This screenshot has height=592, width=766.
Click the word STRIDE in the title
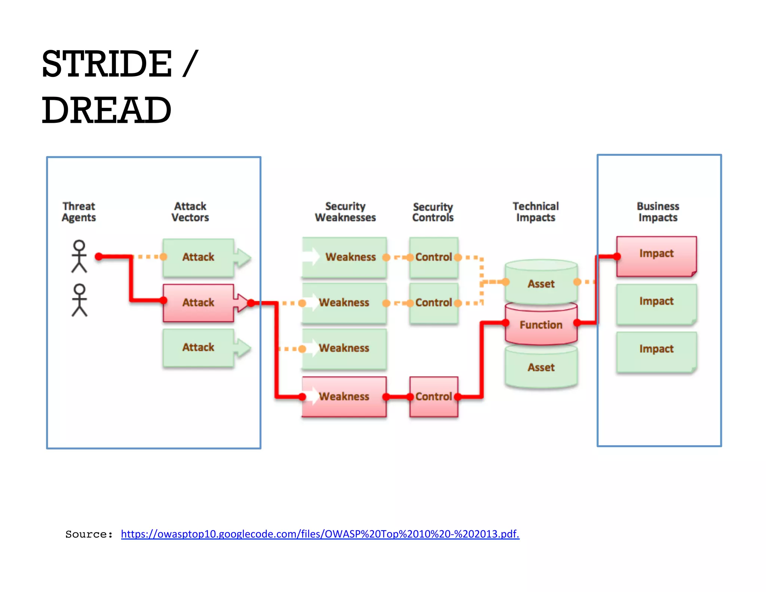107,64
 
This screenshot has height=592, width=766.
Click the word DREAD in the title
107,110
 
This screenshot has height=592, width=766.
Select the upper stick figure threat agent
79,256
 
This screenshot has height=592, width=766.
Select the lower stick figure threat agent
79,300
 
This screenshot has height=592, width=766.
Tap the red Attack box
198,302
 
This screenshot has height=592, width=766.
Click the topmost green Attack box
198,257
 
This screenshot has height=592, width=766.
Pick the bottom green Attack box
198,347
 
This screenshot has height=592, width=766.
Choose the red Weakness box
344,396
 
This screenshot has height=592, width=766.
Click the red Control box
433,396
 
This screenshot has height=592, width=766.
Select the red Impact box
656,256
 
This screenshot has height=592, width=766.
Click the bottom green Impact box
656,351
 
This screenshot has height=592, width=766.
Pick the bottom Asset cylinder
541,367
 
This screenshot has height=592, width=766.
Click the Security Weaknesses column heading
345,212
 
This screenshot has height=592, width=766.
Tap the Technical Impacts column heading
536,212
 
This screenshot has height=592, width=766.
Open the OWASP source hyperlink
320,534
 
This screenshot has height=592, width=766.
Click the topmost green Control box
433,257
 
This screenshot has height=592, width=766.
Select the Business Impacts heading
658,212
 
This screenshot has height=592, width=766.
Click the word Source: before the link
89,534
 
